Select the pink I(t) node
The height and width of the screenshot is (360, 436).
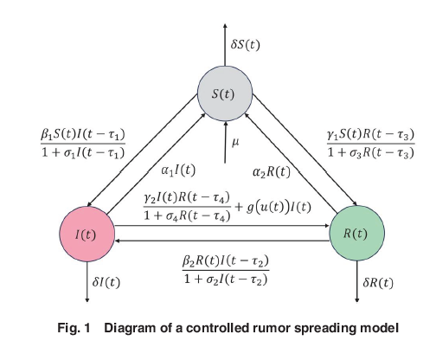tap(87, 235)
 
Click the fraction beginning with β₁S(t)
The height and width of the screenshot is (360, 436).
tap(82, 142)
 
